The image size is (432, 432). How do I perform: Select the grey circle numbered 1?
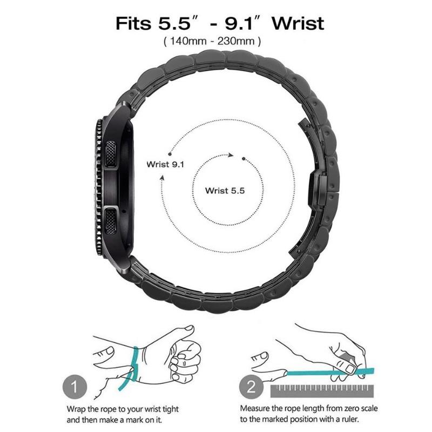[77, 387]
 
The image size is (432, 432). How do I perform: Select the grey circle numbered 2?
[252, 387]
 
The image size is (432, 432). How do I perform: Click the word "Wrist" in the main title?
[298, 24]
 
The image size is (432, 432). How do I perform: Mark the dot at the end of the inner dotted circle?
[245, 158]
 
